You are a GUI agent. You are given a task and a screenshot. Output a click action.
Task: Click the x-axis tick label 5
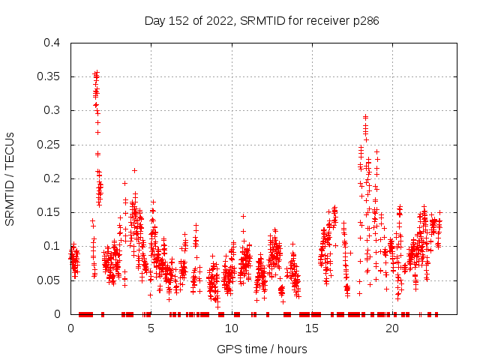(151, 328)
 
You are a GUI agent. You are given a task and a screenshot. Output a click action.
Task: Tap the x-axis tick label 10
(232, 328)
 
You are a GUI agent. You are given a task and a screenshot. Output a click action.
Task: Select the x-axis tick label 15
(312, 328)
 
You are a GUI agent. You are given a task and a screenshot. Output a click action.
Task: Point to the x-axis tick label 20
(392, 328)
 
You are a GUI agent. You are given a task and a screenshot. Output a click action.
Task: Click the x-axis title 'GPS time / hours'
(262, 349)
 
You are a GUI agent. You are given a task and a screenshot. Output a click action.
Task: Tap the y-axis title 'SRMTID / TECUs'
(10, 178)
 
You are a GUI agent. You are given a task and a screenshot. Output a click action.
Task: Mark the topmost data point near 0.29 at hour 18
(365, 117)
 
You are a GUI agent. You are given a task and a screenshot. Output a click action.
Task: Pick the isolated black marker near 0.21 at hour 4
(134, 170)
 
